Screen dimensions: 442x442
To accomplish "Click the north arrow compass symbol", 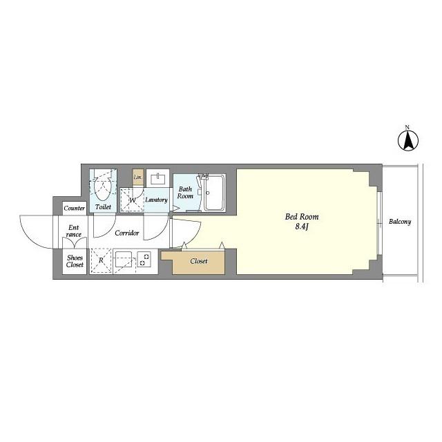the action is pyautogui.click(x=408, y=140).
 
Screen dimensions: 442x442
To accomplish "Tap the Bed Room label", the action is pyautogui.click(x=302, y=217).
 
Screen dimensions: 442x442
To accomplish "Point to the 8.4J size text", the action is pyautogui.click(x=302, y=227).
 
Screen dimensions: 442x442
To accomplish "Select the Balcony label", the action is pyautogui.click(x=400, y=222).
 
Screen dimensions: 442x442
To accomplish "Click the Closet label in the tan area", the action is pyautogui.click(x=199, y=261).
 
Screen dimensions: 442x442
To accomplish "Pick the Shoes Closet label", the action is pyautogui.click(x=75, y=261).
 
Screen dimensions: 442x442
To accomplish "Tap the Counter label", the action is pyautogui.click(x=74, y=209).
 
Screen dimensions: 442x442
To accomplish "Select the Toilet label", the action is pyautogui.click(x=103, y=207).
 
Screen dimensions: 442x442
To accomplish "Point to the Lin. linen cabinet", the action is pyautogui.click(x=138, y=177).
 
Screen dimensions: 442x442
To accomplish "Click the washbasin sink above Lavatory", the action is pyautogui.click(x=157, y=179).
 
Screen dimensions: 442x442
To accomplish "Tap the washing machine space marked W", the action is pyautogui.click(x=132, y=200).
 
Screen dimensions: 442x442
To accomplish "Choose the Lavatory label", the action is pyautogui.click(x=156, y=200).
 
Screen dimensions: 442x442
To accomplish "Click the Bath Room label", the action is pyautogui.click(x=185, y=193).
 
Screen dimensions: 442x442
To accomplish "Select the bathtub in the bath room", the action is pyautogui.click(x=215, y=193).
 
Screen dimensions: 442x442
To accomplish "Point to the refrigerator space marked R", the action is pyautogui.click(x=101, y=261).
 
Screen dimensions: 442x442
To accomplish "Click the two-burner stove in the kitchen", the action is pyautogui.click(x=144, y=260).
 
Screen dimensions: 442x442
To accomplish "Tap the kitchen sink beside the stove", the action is pyautogui.click(x=124, y=260).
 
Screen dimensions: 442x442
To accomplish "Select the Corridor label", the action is pyautogui.click(x=127, y=233).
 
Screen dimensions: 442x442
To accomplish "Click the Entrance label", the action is pyautogui.click(x=74, y=231).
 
